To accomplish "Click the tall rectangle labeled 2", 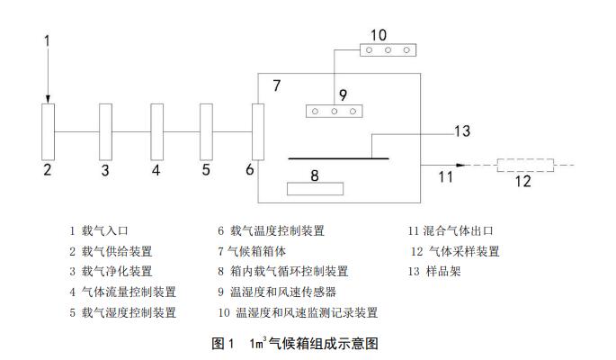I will pyautogui.click(x=49, y=131).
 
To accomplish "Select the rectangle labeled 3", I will pyautogui.click(x=105, y=131).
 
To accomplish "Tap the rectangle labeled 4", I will pyautogui.click(x=156, y=131).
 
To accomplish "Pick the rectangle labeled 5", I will pyautogui.click(x=206, y=131).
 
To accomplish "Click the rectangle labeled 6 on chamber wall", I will pyautogui.click(x=258, y=131).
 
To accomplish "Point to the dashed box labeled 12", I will pyautogui.click(x=526, y=166).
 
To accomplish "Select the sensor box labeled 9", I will pyautogui.click(x=335, y=112).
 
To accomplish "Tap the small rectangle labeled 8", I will pyautogui.click(x=315, y=189).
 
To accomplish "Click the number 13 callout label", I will pyautogui.click(x=461, y=131).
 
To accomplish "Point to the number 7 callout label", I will pyautogui.click(x=278, y=86).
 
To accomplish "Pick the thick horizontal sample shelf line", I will pyautogui.click(x=338, y=157).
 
